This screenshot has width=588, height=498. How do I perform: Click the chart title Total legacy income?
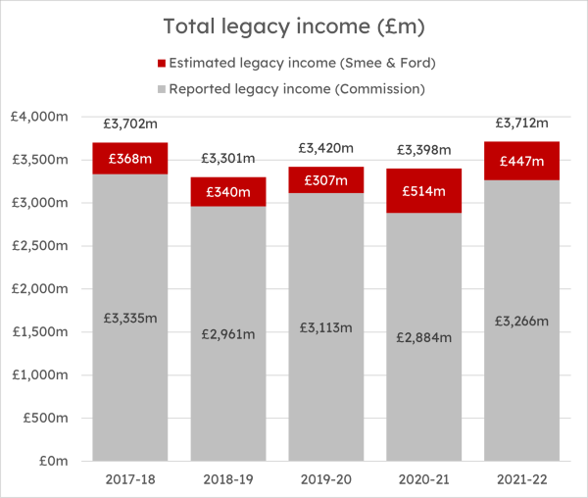click(294, 26)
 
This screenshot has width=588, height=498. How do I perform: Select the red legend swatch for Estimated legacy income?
click(162, 64)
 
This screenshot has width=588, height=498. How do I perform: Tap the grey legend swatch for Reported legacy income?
click(162, 88)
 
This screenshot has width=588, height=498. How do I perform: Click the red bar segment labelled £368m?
click(130, 158)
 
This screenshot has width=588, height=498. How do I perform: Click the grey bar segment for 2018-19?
click(228, 333)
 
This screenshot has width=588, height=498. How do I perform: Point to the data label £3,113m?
click(326, 328)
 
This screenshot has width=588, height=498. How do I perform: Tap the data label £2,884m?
click(424, 337)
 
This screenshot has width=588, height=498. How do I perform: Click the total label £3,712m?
click(522, 123)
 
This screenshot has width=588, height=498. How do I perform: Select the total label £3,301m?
click(228, 158)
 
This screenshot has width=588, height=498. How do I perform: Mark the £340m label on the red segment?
click(228, 191)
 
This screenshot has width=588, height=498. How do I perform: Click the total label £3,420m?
click(326, 148)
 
